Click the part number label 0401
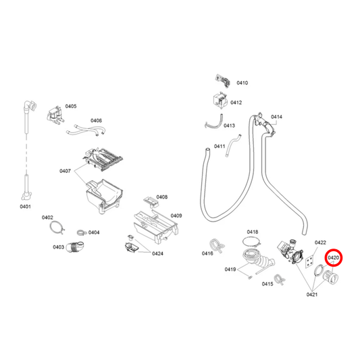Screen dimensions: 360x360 pos(25,206)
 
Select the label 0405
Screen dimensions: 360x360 pos(70,107)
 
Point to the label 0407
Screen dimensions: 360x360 pos(66,171)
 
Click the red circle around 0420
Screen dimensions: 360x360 pos(333,258)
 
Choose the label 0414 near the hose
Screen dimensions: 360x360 pos(276,117)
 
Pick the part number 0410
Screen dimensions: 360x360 pos(242,83)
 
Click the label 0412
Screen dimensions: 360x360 pos(236,103)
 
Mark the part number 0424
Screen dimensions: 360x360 pos(157,254)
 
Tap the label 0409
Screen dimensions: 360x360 pos(176,215)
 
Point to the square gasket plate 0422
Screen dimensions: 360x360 pos(309,261)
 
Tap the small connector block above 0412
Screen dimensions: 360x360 pos(220,79)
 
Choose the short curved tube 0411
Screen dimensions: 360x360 pos(234,145)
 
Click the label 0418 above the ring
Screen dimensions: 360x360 pos(252,232)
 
